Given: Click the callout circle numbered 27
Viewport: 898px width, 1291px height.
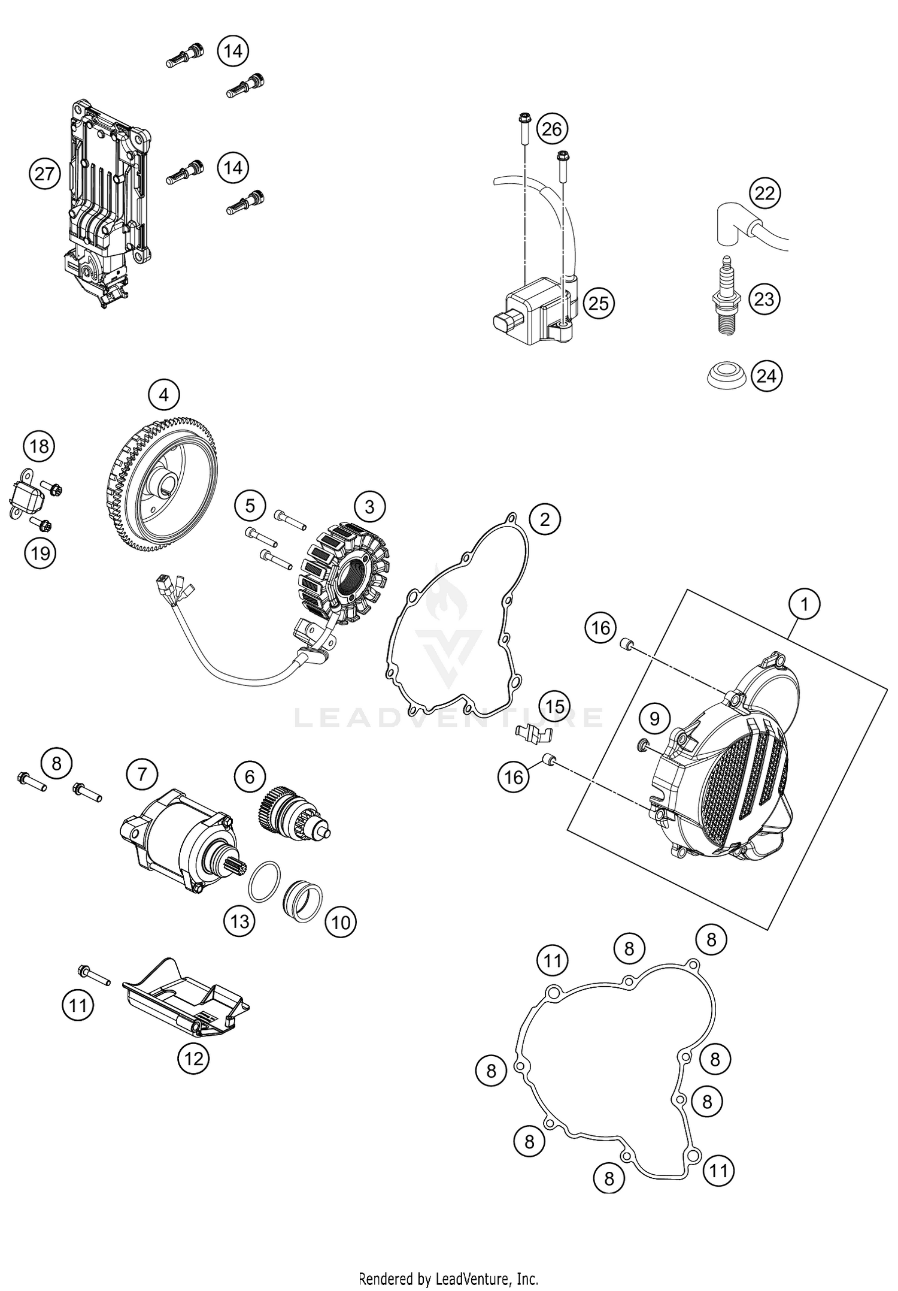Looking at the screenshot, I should pyautogui.click(x=45, y=174).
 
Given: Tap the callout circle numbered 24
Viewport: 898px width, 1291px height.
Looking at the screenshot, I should pyautogui.click(x=766, y=376).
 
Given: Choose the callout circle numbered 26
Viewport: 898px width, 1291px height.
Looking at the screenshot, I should pyautogui.click(x=551, y=129).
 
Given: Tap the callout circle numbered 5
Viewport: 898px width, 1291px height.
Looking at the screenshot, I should pyautogui.click(x=250, y=506).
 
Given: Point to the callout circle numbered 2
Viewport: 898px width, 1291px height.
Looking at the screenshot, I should pyautogui.click(x=544, y=519).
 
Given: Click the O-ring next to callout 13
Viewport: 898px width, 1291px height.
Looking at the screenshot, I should pyautogui.click(x=263, y=881).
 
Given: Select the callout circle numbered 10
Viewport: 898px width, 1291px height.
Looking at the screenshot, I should pyautogui.click(x=341, y=922).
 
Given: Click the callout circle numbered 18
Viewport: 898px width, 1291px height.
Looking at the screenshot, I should pyautogui.click(x=39, y=446).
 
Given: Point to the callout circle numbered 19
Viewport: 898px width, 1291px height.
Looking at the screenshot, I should pyautogui.click(x=40, y=552).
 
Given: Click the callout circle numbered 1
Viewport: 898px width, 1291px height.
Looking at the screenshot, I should pyautogui.click(x=804, y=604).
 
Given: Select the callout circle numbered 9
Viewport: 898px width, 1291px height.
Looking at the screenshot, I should pyautogui.click(x=654, y=718).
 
